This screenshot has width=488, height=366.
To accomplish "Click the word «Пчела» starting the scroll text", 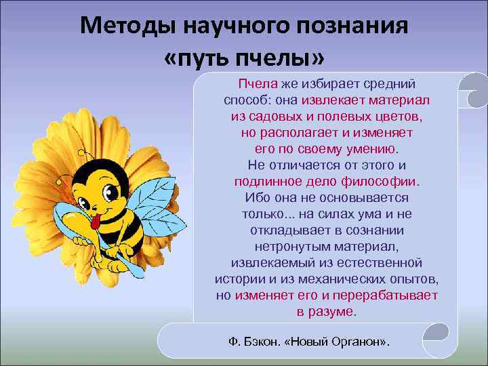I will point(253,83).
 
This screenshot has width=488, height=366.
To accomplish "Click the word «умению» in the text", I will point(373,148).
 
